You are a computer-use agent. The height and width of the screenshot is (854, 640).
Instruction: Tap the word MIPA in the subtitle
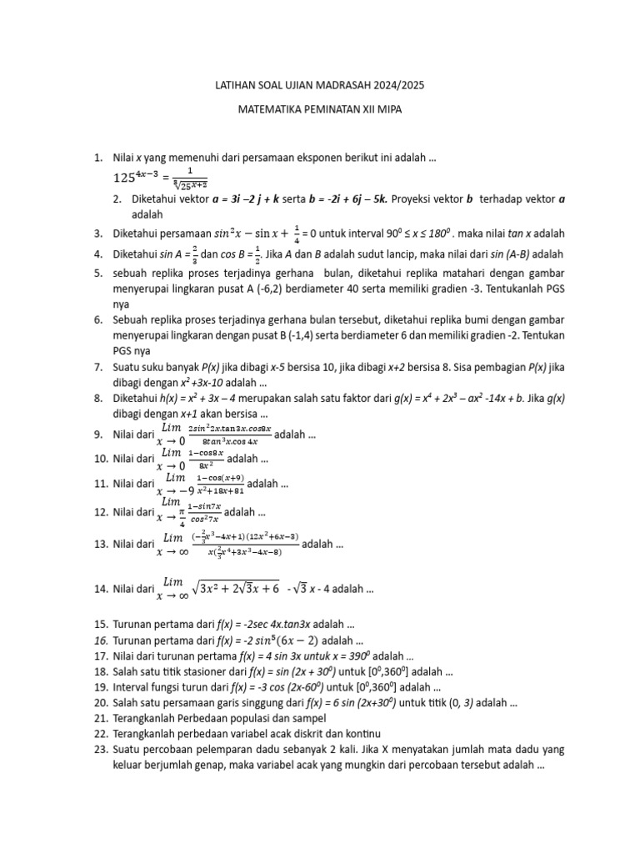[385, 109]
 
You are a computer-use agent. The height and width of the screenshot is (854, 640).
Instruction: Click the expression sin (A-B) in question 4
[502, 254]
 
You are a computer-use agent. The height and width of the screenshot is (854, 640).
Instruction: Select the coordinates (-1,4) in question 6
[305, 334]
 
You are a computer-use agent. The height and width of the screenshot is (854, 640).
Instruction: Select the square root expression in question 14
[236, 588]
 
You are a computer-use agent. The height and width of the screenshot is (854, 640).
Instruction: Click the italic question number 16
[101, 640]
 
